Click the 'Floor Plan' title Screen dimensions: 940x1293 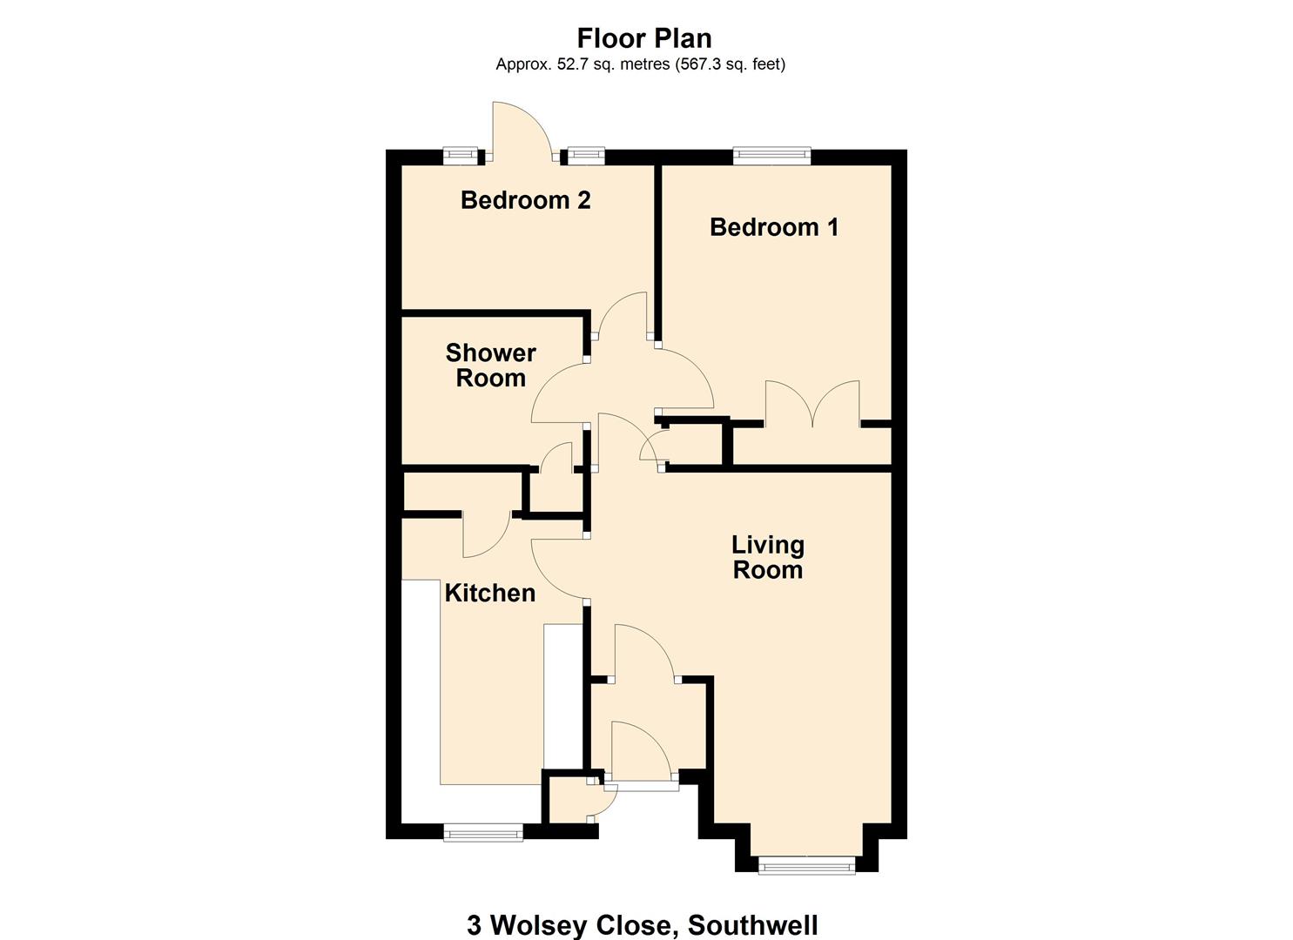(644, 38)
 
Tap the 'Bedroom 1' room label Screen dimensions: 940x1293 (774, 227)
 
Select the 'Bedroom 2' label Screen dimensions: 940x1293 (525, 200)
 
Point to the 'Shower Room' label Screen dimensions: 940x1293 (490, 366)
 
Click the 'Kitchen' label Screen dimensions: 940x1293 (489, 593)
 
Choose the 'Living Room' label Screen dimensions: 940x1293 (767, 557)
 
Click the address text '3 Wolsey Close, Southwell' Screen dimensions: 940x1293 (642, 924)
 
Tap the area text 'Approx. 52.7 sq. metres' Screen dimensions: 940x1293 (583, 64)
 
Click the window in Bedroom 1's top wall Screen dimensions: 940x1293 (771, 157)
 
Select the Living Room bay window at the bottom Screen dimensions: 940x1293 (806, 865)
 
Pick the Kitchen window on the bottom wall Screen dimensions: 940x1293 (483, 833)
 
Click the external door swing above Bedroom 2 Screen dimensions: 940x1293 (518, 131)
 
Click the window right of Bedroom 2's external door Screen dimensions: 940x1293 (586, 157)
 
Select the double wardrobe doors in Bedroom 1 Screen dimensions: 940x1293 (812, 405)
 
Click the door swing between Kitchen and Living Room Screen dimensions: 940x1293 (557, 567)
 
